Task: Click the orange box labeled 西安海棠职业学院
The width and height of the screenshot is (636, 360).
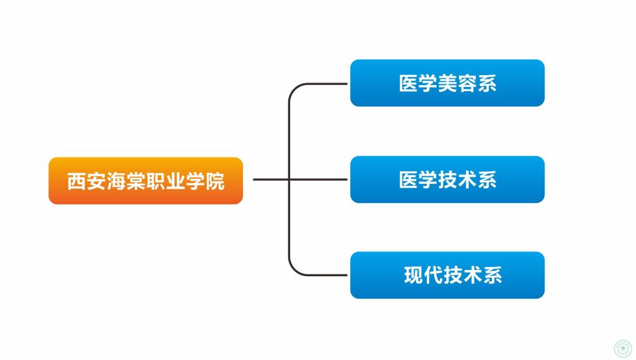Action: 145,181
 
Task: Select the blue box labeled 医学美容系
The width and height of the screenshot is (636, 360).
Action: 447,83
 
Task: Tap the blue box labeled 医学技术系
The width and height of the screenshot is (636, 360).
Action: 447,179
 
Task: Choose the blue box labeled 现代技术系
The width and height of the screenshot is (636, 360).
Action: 447,275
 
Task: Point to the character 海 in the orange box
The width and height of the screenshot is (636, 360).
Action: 116,181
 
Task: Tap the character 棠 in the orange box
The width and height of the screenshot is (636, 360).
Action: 136,181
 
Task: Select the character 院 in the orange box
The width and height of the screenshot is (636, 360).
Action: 215,181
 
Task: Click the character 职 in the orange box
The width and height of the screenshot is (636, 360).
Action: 156,181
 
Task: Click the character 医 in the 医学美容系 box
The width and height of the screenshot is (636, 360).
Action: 408,84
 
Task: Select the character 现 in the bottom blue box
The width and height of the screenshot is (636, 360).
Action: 413,275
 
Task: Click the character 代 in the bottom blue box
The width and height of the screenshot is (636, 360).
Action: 433,275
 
